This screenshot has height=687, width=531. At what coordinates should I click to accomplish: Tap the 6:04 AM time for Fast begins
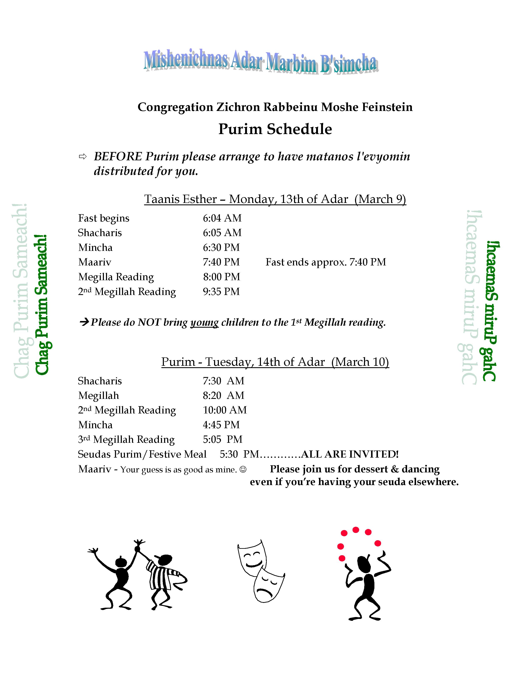(222, 218)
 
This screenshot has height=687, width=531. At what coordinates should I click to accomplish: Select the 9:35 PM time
(221, 292)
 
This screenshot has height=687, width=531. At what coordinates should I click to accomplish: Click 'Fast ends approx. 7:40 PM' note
(326, 262)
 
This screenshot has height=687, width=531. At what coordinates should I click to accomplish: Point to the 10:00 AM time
(225, 410)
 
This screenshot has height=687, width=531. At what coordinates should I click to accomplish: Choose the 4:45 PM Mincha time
(221, 425)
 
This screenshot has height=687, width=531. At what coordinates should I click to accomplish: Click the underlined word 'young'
(204, 322)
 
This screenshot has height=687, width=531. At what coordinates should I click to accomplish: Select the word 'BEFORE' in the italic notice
(118, 157)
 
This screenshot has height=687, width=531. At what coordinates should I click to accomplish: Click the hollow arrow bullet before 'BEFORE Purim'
(83, 157)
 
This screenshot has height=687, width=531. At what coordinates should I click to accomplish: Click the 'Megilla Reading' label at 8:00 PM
(116, 277)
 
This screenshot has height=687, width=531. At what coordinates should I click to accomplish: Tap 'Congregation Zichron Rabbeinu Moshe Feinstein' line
(275, 107)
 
